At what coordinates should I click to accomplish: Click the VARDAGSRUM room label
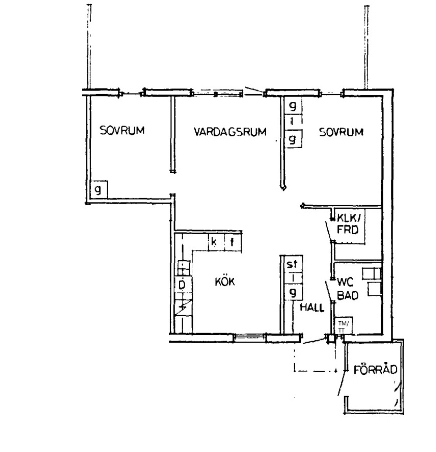coord(230,132)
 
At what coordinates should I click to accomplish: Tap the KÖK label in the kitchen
coord(225,282)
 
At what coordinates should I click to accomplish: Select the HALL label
coord(312,308)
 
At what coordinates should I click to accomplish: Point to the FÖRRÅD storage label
coord(375,369)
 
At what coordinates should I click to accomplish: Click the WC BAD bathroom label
coord(347,289)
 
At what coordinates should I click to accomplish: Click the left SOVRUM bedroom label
coord(122,130)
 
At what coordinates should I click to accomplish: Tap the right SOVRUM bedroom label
coord(341,132)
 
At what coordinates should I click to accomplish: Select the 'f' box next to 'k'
coord(233,242)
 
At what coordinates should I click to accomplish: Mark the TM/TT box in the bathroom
coord(343,326)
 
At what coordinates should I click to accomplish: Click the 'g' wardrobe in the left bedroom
coord(99,190)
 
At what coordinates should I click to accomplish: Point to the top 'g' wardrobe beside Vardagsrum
coord(293,106)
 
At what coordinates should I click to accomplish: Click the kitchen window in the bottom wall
coord(250,337)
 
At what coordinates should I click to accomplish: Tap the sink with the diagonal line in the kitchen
coord(183,307)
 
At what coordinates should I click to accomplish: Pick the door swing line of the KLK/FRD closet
coord(329,231)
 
